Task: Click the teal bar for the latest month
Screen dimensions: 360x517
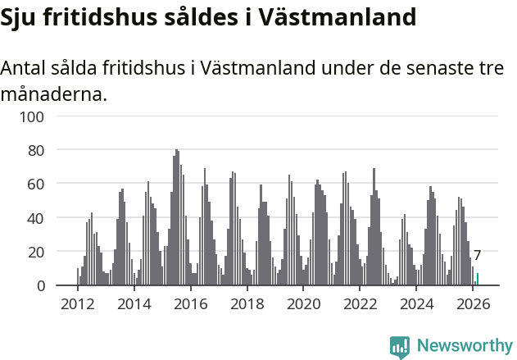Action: click(x=478, y=280)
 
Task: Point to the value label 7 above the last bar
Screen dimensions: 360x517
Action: click(x=477, y=256)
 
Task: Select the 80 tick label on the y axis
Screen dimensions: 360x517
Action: click(x=36, y=150)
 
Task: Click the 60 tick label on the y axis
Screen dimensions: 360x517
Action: click(x=36, y=185)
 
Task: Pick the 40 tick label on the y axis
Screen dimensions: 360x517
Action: click(x=36, y=218)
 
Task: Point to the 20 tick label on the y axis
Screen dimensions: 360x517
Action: click(x=36, y=252)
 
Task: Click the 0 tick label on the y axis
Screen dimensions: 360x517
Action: click(x=39, y=285)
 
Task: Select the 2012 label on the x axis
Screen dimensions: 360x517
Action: click(x=78, y=303)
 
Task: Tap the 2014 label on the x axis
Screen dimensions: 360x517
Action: click(x=134, y=303)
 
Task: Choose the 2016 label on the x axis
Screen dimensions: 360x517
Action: click(x=191, y=303)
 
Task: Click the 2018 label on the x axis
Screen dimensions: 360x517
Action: click(x=247, y=303)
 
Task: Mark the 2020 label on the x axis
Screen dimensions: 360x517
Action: click(x=304, y=303)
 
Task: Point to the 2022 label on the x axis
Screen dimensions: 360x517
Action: click(x=361, y=303)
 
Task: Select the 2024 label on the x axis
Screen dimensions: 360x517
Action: click(x=417, y=303)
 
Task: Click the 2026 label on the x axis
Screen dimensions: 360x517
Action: click(x=473, y=303)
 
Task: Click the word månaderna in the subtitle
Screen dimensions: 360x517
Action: click(x=54, y=94)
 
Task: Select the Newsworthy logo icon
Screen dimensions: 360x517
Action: click(x=400, y=347)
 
